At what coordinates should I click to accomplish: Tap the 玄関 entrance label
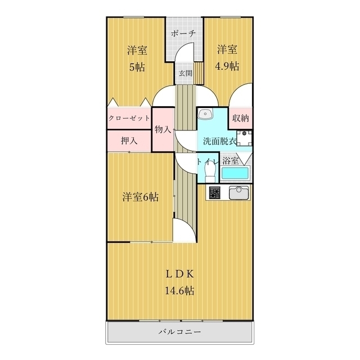tap(185, 73)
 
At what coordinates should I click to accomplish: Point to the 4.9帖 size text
tap(227, 66)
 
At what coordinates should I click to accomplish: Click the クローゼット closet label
tap(129, 118)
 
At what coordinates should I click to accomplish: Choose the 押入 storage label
tap(129, 141)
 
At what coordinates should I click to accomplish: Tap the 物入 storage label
tap(163, 129)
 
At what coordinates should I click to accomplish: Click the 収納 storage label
tap(241, 119)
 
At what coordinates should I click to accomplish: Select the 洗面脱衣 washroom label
tap(215, 142)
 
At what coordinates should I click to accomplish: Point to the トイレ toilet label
tap(206, 161)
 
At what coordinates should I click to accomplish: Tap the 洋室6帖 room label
tap(140, 197)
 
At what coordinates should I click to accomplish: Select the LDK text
tap(179, 274)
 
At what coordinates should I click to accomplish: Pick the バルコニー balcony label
tap(179, 332)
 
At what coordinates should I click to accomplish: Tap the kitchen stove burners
tap(214, 193)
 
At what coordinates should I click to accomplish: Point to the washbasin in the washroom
tap(207, 114)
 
